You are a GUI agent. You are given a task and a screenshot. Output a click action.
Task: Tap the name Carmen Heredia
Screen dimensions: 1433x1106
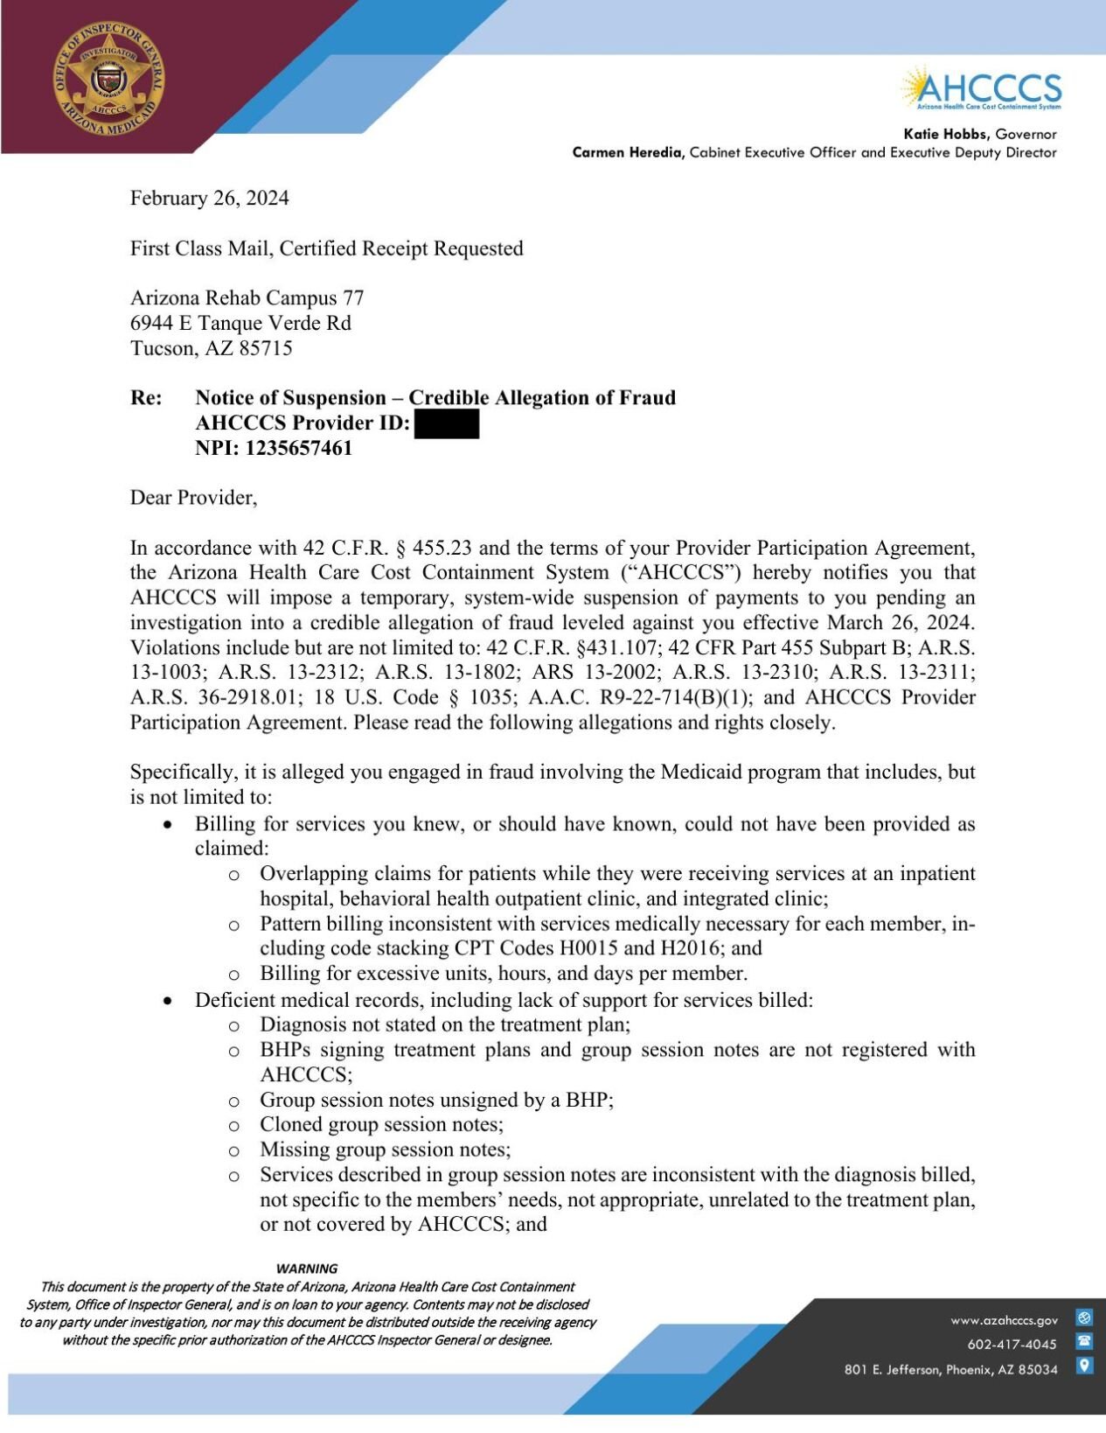[x=628, y=153]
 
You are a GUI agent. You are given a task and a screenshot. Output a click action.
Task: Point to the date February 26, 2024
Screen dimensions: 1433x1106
[x=209, y=199]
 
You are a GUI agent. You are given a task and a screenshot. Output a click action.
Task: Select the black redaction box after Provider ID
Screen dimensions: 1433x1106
[x=446, y=423]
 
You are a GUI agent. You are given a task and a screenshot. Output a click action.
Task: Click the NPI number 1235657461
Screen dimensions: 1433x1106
[x=298, y=448]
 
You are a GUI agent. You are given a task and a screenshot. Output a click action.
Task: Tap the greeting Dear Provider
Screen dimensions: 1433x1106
[x=193, y=498]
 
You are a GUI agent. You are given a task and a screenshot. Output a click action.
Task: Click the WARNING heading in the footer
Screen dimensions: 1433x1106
[x=307, y=1269]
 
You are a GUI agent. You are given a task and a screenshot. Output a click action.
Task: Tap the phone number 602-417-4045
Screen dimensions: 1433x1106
[x=1012, y=1345]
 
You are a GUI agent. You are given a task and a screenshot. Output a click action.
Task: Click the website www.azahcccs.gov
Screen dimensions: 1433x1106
[x=1004, y=1320]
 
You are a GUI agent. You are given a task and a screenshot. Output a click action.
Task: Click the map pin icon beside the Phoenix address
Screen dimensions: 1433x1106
[x=1084, y=1366]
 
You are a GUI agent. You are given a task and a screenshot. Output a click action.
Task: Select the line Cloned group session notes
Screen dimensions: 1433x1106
[x=381, y=1124]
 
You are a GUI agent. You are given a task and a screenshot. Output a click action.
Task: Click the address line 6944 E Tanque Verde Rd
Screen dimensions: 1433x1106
[x=240, y=323]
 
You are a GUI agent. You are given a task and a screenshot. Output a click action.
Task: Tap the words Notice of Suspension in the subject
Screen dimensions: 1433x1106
[x=290, y=398]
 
